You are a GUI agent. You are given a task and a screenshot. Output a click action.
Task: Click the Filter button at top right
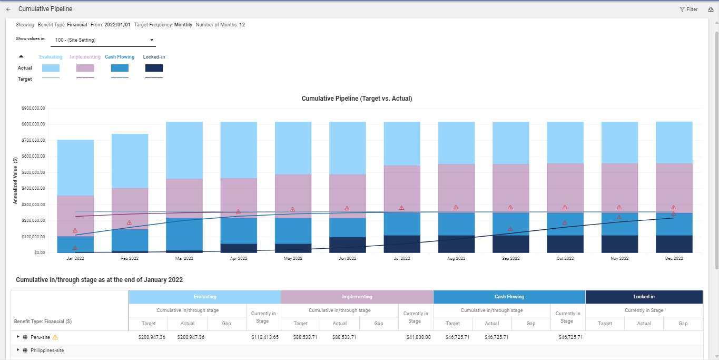(x=688, y=9)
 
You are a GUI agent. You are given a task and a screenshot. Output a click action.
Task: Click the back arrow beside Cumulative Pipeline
(x=8, y=9)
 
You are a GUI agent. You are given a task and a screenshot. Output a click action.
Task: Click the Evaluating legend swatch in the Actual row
(x=51, y=68)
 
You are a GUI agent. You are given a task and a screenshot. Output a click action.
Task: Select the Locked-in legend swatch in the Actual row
(x=154, y=68)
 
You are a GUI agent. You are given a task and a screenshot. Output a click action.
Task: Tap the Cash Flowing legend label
(x=120, y=57)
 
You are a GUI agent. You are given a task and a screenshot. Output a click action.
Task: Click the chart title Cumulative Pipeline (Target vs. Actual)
(x=357, y=99)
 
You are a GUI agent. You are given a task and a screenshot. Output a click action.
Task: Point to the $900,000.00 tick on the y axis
(x=33, y=108)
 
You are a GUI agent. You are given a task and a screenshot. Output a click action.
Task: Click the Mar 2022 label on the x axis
(x=184, y=259)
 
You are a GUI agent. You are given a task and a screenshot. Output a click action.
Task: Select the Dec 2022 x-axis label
(x=674, y=259)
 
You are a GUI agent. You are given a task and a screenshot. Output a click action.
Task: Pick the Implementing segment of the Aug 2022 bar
(x=456, y=187)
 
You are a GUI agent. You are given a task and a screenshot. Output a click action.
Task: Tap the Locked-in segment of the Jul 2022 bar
(x=402, y=244)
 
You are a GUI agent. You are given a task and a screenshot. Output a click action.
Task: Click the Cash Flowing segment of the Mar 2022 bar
(x=184, y=234)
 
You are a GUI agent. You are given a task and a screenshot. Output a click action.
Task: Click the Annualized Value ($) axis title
(x=16, y=180)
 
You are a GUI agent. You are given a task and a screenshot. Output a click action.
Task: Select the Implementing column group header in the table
(x=357, y=297)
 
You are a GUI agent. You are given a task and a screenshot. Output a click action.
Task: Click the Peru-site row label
(x=40, y=337)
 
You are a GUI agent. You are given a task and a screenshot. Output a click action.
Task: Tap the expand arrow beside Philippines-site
(x=18, y=350)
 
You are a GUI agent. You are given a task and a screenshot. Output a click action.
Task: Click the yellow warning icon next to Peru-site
(x=55, y=337)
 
